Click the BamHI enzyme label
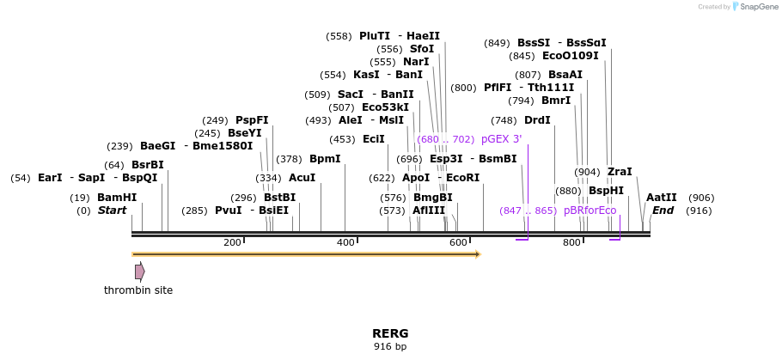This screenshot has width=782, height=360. [x=117, y=197]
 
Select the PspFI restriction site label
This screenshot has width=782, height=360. [x=252, y=120]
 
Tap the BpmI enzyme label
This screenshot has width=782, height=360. [x=325, y=159]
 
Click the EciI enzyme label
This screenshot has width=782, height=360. [x=373, y=139]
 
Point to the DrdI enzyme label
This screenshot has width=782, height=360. [x=537, y=120]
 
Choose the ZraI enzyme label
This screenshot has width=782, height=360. [x=620, y=172]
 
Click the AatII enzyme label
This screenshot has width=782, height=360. [x=661, y=197]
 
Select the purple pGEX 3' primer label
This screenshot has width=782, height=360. [x=501, y=139]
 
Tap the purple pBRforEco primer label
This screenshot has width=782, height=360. [x=590, y=211]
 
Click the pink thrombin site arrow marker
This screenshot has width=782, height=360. [x=139, y=272]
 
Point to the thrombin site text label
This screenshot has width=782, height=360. [x=138, y=290]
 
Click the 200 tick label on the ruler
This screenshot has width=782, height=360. [x=232, y=243]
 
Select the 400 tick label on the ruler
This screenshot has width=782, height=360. [x=345, y=243]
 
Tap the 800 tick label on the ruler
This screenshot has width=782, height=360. [x=571, y=243]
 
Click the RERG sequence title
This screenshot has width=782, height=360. [x=390, y=333]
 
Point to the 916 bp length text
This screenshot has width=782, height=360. [x=390, y=347]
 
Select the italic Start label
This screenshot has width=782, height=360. [x=112, y=211]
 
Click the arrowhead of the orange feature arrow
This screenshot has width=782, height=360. [x=478, y=254]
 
